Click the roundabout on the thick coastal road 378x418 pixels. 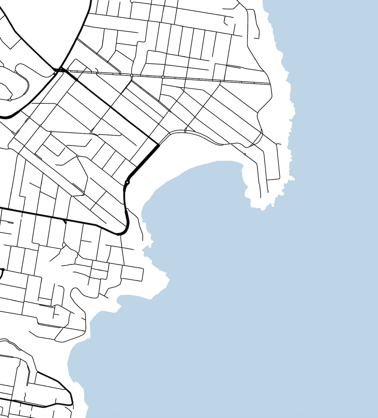[127, 182]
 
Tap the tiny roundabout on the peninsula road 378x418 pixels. [245, 154]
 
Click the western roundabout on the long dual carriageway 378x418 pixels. [132, 75]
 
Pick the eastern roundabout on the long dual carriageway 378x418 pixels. [163, 77]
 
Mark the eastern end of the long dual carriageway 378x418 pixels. [269, 84]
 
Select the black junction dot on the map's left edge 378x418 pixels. [2, 270]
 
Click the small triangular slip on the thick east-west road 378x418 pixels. [65, 222]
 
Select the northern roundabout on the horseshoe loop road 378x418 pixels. [16, 72]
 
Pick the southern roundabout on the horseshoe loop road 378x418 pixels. [10, 100]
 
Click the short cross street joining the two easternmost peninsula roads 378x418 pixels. [273, 179]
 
